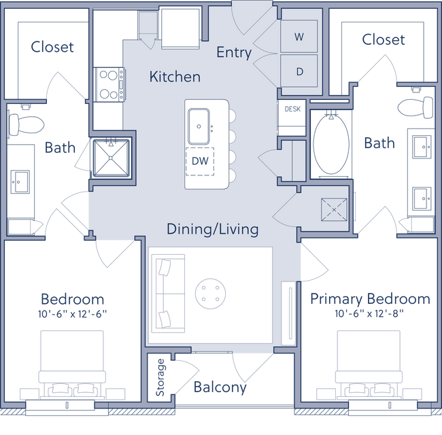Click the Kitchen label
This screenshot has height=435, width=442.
pyautogui.click(x=175, y=77)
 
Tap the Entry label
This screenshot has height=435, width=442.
pyautogui.click(x=234, y=52)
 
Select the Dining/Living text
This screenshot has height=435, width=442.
pyautogui.click(x=213, y=229)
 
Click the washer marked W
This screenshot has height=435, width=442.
pyautogui.click(x=299, y=38)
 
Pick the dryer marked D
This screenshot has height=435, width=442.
pyautogui.click(x=299, y=71)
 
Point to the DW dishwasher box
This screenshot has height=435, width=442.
pyautogui.click(x=200, y=162)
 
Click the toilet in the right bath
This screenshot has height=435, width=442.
pyautogui.click(x=415, y=106)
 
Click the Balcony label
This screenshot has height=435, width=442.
pyautogui.click(x=219, y=387)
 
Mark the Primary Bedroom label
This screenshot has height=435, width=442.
pyautogui.click(x=370, y=299)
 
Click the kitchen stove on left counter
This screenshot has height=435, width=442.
pyautogui.click(x=107, y=84)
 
